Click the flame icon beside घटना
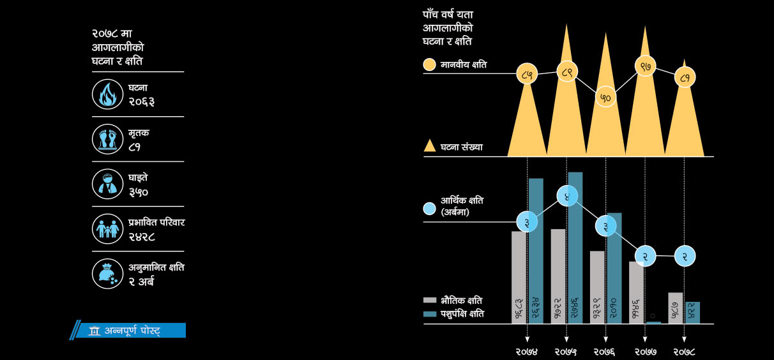pyautogui.click(x=107, y=94)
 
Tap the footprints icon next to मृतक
pyautogui.click(x=107, y=139)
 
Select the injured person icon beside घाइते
pyautogui.click(x=107, y=184)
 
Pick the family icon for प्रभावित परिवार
pyautogui.click(x=107, y=229)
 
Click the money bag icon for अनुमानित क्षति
pyautogui.click(x=107, y=273)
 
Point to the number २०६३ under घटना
pyautogui.click(x=141, y=101)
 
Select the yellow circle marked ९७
pyautogui.click(x=645, y=66)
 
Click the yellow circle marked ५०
pyautogui.click(x=605, y=97)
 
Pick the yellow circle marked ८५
pyautogui.click(x=527, y=75)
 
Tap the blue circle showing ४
pyautogui.click(x=566, y=196)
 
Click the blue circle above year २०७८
pyautogui.click(x=685, y=256)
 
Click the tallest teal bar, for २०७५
pyautogui.click(x=575, y=248)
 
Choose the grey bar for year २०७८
pyautogui.click(x=676, y=308)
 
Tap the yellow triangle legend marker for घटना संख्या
pyautogui.click(x=430, y=146)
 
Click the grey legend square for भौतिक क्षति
pyautogui.click(x=430, y=300)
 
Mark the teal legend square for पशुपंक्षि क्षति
pyautogui.click(x=430, y=314)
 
